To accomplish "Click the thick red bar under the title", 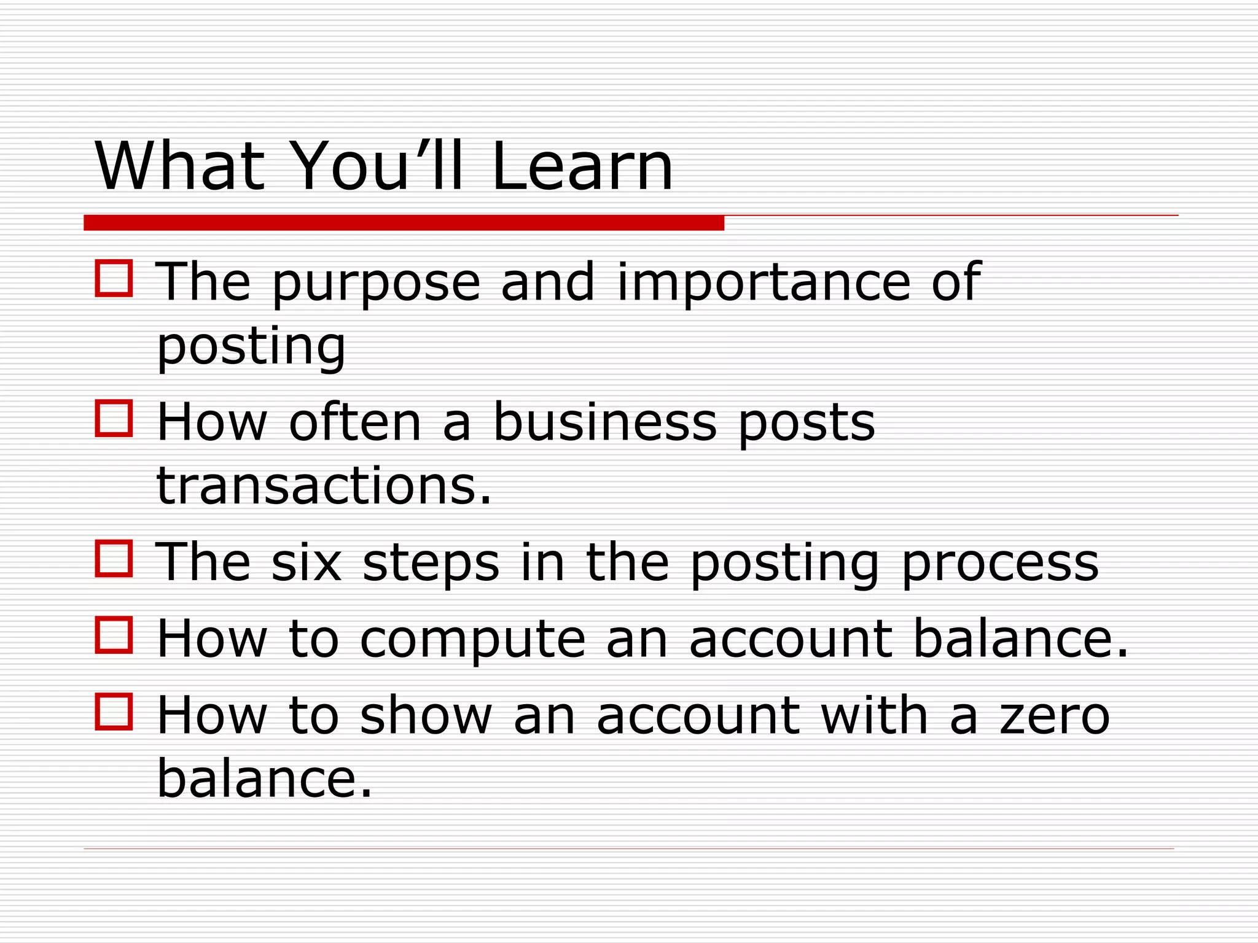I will (404, 223).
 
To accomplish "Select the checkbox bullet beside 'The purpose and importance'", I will (114, 279).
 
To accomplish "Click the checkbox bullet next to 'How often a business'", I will (114, 419).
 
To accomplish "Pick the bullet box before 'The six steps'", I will (114, 559).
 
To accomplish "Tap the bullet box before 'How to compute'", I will (114, 635).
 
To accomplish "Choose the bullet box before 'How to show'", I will (114, 712).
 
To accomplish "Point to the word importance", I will (764, 284).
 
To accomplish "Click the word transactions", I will (324, 486).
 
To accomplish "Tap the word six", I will (306, 562).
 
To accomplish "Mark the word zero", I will (1055, 716).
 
